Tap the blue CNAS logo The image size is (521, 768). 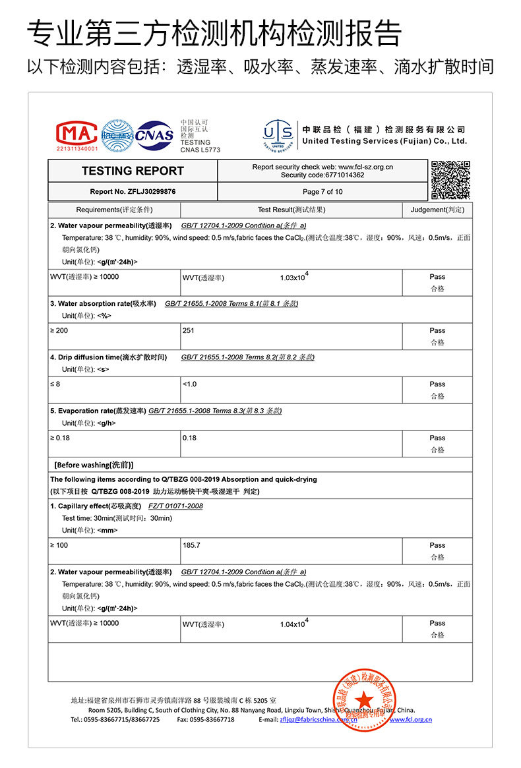point(154,135)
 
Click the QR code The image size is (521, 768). point(450,179)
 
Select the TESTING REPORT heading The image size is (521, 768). point(133,171)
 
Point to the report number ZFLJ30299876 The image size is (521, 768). point(133,192)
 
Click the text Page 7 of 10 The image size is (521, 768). point(322,192)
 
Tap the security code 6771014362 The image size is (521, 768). point(322,175)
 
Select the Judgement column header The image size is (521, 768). point(437,210)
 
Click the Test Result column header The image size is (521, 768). point(291,210)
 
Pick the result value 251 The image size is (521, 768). point(189,330)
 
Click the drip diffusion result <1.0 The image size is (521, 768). point(189,384)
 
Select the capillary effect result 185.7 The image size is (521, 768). point(191,545)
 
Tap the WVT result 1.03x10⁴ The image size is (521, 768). point(294,277)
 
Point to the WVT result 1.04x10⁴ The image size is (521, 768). point(294,623)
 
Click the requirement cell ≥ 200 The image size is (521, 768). point(59,330)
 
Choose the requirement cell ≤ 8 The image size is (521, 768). point(55,384)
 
